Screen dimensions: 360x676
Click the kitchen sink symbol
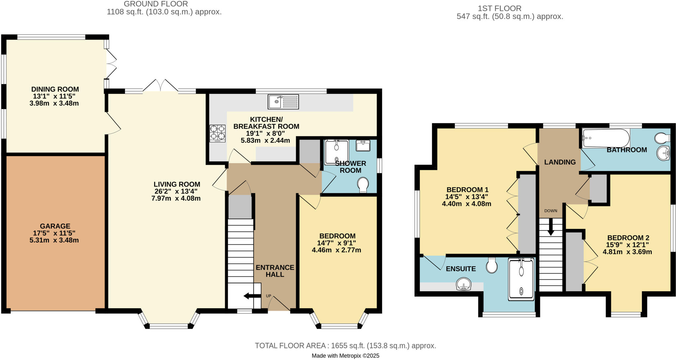coord(283,102)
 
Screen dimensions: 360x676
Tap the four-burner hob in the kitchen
coord(218,133)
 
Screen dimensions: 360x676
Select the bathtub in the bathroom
coord(606,138)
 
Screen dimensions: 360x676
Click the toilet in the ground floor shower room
coord(363,185)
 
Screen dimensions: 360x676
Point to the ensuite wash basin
coord(463,284)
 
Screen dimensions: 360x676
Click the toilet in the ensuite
coord(492,265)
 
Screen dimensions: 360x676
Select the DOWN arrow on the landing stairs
coord(551,228)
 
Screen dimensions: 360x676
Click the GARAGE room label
coord(55,226)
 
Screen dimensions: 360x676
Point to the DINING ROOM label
coord(55,89)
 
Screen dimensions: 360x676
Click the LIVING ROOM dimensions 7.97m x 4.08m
coord(176,198)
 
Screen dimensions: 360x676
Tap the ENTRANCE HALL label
coord(275,271)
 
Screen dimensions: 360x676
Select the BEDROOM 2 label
coord(628,238)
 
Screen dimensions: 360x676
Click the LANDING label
coord(560,162)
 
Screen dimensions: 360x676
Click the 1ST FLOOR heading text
coord(499,8)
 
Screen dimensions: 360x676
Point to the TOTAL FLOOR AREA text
coord(345,346)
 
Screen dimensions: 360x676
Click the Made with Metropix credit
coord(345,356)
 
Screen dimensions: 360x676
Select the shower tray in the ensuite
coord(521,279)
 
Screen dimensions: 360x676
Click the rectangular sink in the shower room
coord(363,146)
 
